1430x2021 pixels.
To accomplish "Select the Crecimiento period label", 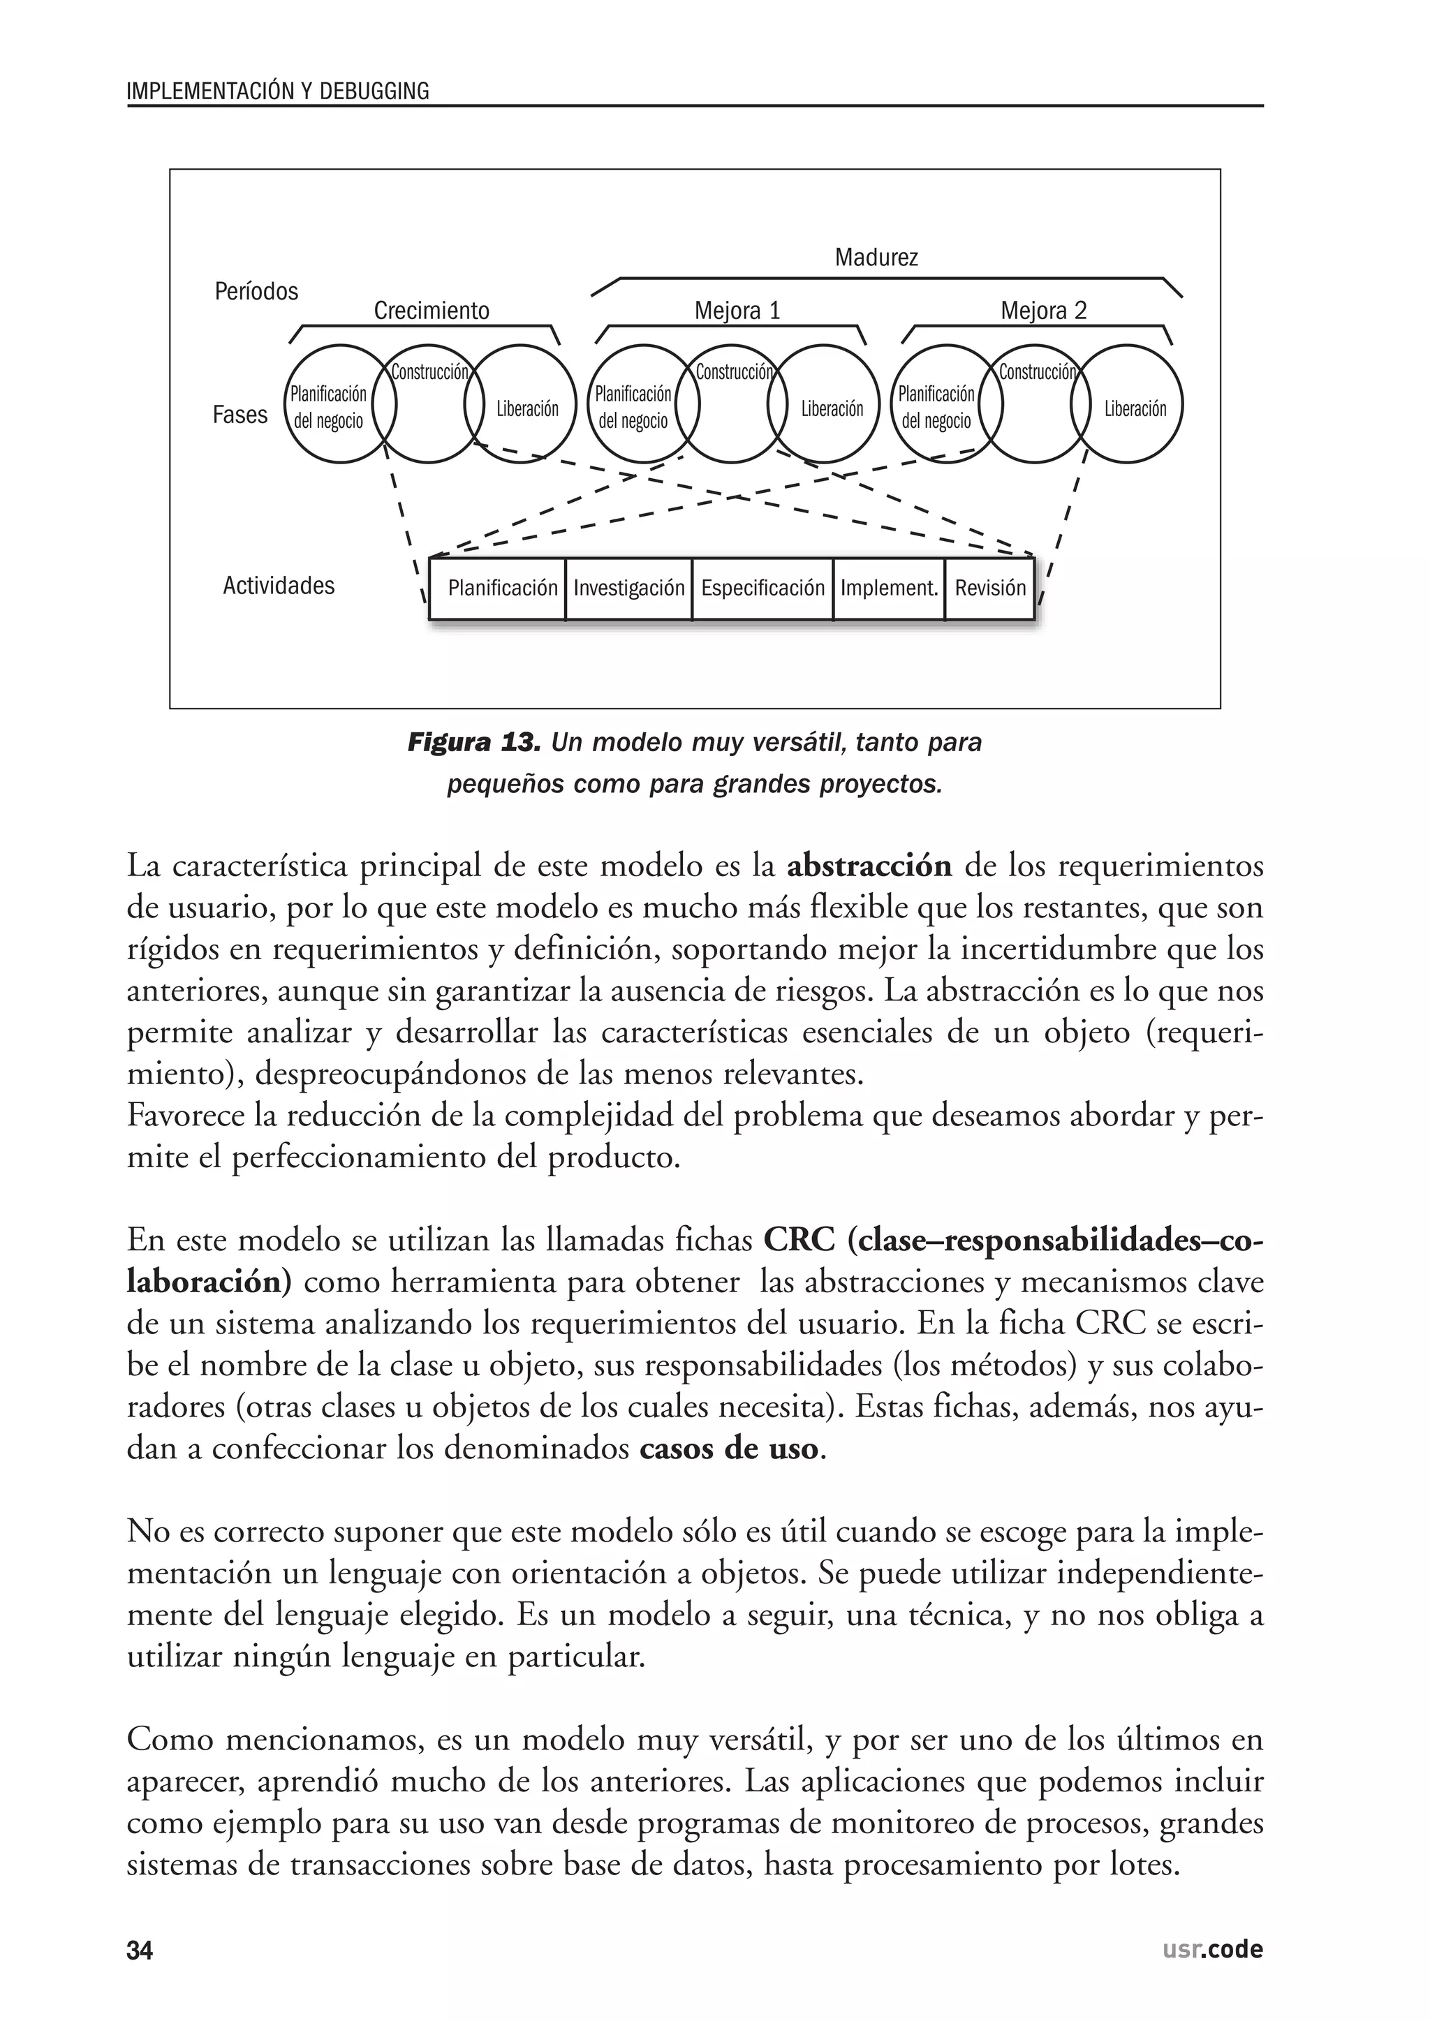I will [432, 311].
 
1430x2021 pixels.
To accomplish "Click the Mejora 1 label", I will [737, 311].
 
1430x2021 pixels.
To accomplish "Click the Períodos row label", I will [256, 291].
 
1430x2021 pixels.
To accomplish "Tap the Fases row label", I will [239, 415].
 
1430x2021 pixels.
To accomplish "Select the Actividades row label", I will [279, 586].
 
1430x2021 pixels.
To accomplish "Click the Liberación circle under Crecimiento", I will [526, 408].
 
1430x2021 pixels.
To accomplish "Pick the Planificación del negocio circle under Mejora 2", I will [936, 407].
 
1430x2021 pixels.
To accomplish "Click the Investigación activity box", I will [628, 588].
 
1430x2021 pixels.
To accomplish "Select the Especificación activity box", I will [762, 588].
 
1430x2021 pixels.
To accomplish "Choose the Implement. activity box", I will [888, 588].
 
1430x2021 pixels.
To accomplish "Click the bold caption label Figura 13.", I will [473, 743].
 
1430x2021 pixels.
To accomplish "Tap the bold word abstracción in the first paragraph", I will [869, 866].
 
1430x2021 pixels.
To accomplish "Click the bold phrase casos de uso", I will [729, 1448].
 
